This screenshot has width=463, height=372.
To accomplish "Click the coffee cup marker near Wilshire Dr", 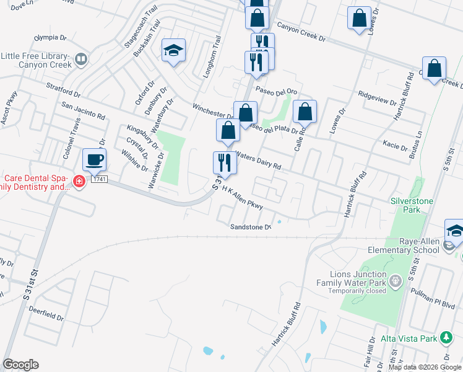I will (94, 160).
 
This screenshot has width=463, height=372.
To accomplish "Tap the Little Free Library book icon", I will (80, 60).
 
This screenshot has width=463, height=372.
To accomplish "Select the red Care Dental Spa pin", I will (79, 182).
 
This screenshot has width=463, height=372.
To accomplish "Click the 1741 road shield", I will (99, 179).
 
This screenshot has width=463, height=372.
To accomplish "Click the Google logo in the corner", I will (20, 365).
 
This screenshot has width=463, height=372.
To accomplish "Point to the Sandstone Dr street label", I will (251, 227).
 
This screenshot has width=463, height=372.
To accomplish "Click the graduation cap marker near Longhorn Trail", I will (174, 50).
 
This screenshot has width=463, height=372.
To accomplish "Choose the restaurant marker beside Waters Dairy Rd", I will (225, 162).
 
